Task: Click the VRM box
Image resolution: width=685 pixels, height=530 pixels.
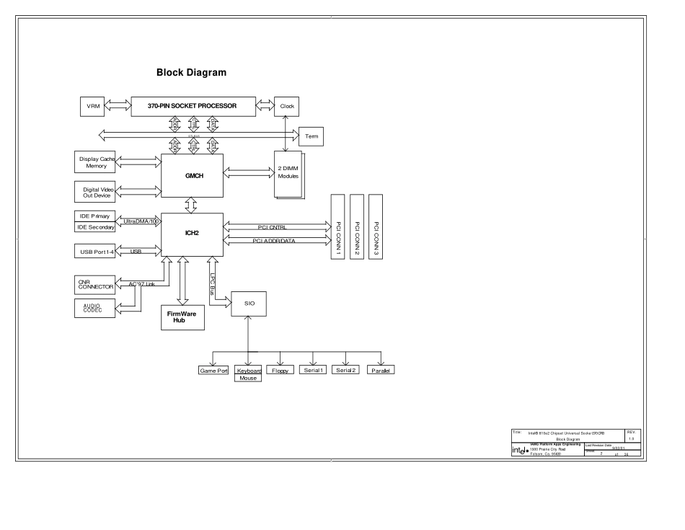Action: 92,106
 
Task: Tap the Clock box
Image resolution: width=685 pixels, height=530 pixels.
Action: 287,106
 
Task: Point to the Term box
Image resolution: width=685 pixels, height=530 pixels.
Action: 311,136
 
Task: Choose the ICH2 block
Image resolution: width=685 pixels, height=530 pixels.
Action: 192,234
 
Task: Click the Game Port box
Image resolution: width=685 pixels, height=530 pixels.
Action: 213,371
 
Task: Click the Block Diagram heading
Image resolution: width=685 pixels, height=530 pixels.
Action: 191,73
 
